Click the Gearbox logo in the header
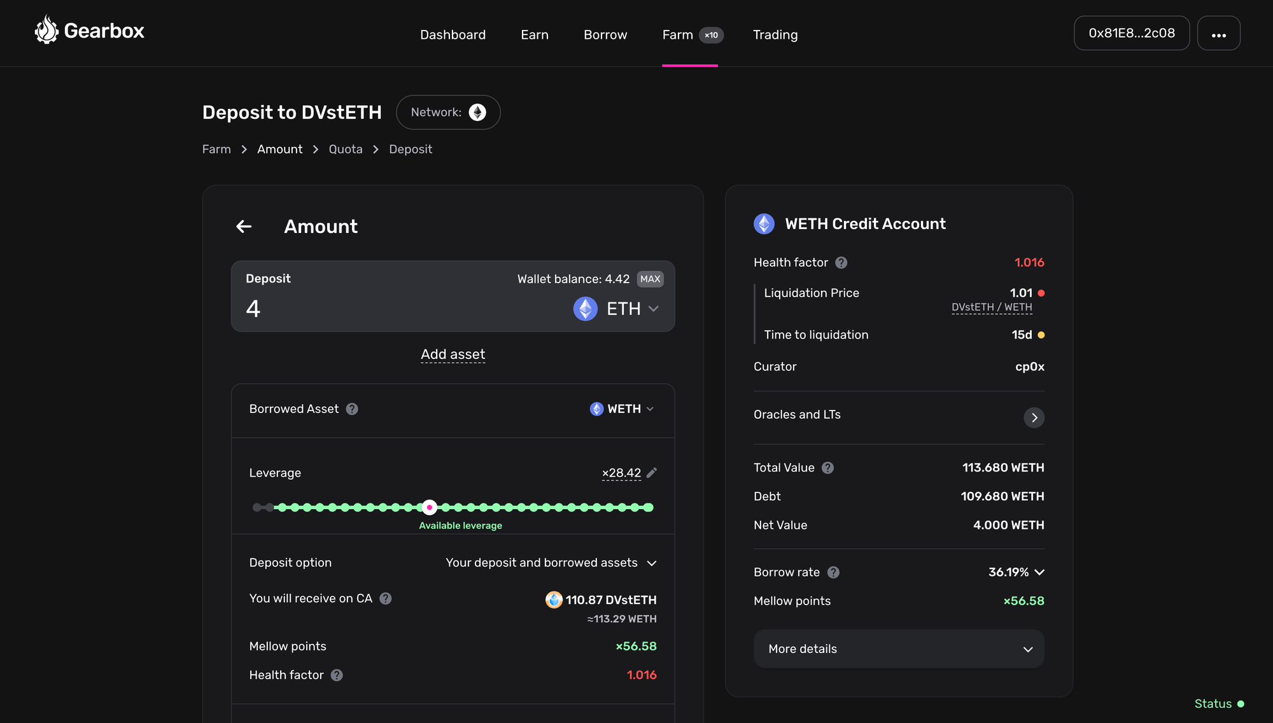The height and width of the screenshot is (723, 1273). [90, 31]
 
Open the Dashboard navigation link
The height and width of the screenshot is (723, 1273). [453, 34]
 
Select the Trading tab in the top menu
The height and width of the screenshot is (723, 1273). [775, 34]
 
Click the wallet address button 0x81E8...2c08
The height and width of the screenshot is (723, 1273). [1131, 33]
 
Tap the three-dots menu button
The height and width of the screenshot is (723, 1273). [1218, 34]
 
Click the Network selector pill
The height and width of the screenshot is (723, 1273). [448, 112]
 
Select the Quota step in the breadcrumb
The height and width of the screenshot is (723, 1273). [345, 149]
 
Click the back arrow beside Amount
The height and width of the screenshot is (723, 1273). [244, 227]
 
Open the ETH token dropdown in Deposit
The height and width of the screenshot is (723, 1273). [616, 309]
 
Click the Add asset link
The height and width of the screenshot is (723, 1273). [453, 354]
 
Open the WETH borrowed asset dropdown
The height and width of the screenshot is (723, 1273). [622, 409]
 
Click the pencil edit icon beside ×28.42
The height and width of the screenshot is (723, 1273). [652, 472]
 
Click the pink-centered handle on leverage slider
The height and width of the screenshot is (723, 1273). [430, 507]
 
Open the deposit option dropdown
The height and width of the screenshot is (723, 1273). [551, 563]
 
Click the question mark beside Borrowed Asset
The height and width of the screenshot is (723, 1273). [352, 409]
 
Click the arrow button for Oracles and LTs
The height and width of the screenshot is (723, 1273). [1034, 418]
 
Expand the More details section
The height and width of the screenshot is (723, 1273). [899, 649]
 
